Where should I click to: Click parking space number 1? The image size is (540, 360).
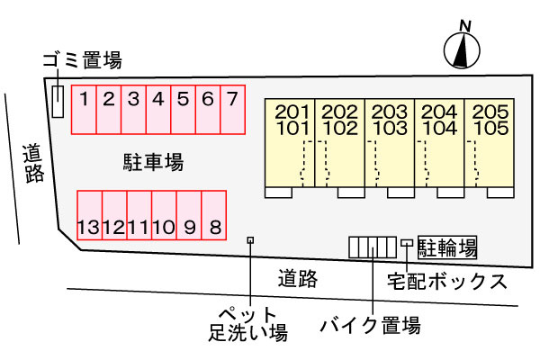[84, 110]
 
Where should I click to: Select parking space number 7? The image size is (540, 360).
[233, 110]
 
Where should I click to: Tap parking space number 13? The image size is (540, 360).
[89, 215]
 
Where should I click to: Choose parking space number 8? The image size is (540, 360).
[214, 215]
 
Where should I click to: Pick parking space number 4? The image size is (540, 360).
[158, 110]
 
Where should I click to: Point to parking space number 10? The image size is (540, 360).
[165, 215]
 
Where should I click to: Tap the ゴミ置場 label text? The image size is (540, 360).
[82, 60]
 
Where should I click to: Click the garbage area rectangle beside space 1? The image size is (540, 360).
[58, 102]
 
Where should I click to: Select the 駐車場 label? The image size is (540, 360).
[153, 162]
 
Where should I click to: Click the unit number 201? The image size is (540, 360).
[292, 112]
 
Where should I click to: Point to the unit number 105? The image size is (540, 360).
[491, 128]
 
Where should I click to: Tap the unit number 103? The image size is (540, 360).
[391, 128]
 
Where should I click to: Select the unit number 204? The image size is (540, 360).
[440, 112]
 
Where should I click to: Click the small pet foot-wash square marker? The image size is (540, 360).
[251, 240]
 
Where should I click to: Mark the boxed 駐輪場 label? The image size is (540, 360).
[447, 247]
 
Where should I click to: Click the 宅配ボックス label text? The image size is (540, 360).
[447, 282]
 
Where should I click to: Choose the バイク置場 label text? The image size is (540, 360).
[371, 325]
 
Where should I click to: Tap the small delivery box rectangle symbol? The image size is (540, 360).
[407, 243]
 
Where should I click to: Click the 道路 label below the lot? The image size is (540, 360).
[298, 279]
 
